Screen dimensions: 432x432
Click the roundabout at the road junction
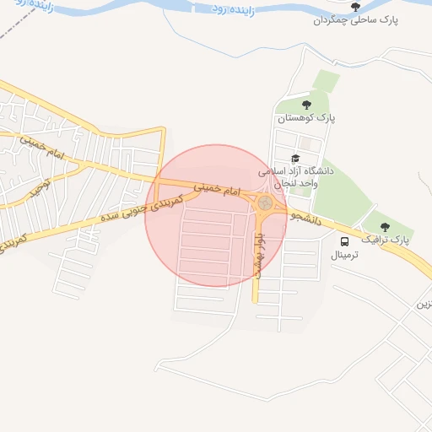pos(265,203)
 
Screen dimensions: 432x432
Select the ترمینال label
pos(344,254)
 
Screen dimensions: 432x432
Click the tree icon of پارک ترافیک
pos(386,226)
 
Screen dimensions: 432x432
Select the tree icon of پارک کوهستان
pos(306,105)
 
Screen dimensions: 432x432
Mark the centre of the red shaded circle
pos(216,216)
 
